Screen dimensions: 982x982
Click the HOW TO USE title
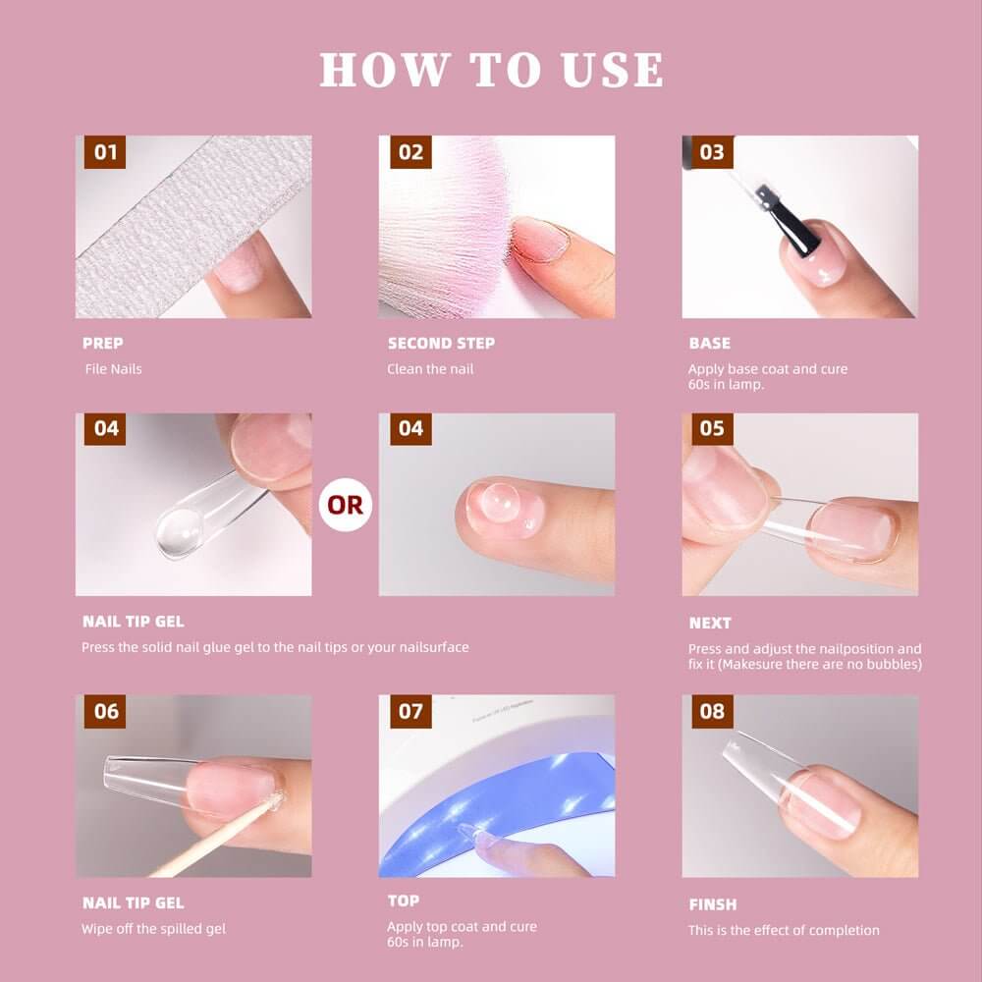click(491, 69)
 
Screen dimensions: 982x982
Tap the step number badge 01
click(105, 152)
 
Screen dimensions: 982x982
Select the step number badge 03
click(712, 152)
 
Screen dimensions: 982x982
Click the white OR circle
click(345, 505)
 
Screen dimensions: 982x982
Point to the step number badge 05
click(712, 428)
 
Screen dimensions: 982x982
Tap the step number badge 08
click(712, 711)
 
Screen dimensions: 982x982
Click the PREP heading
click(103, 343)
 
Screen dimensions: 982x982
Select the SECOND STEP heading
click(441, 343)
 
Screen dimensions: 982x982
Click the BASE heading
click(710, 343)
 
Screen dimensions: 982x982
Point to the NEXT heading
click(710, 624)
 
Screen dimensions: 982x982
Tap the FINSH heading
click(713, 904)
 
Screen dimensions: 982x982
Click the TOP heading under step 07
click(404, 900)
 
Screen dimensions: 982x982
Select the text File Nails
click(113, 369)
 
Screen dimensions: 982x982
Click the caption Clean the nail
click(430, 369)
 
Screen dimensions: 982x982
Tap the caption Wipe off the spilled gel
click(153, 929)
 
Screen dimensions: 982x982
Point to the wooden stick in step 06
click(213, 838)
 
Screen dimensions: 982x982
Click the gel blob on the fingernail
click(499, 502)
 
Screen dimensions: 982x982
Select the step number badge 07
click(410, 711)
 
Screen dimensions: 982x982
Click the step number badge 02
click(410, 152)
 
